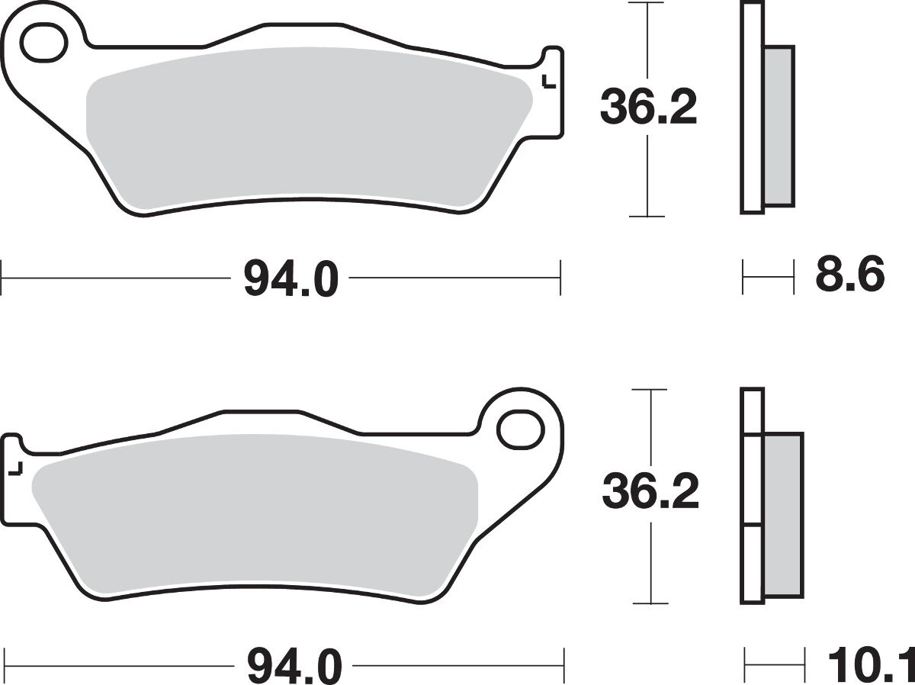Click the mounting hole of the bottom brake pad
[521, 429]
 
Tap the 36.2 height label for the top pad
[648, 108]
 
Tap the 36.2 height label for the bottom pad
[650, 493]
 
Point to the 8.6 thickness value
[849, 275]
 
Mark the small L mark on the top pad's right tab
[545, 82]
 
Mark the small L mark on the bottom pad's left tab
[16, 468]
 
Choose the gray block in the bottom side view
[782, 515]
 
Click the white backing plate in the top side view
[751, 107]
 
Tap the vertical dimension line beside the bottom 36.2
[650, 564]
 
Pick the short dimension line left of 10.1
[775, 662]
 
